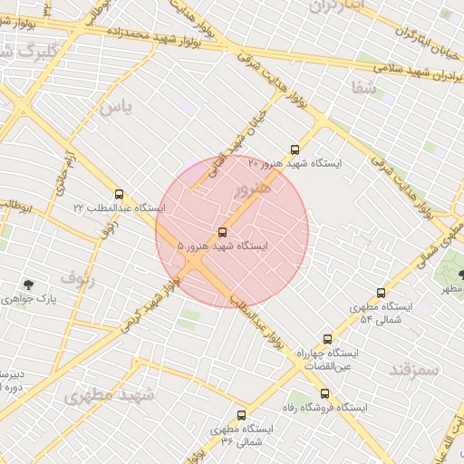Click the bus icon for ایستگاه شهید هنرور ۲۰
294,150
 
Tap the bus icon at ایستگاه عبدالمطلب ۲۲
120,194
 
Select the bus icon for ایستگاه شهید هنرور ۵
223,232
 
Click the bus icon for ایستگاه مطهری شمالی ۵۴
381,293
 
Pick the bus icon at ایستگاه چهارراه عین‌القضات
327,339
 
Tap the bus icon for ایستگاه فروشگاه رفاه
324,393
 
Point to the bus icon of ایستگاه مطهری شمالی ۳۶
241,414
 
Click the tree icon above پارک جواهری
30,285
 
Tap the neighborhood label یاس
115,107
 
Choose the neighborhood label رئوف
78,276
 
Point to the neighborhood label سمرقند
413,369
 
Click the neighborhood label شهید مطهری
109,395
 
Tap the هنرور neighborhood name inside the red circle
251,188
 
